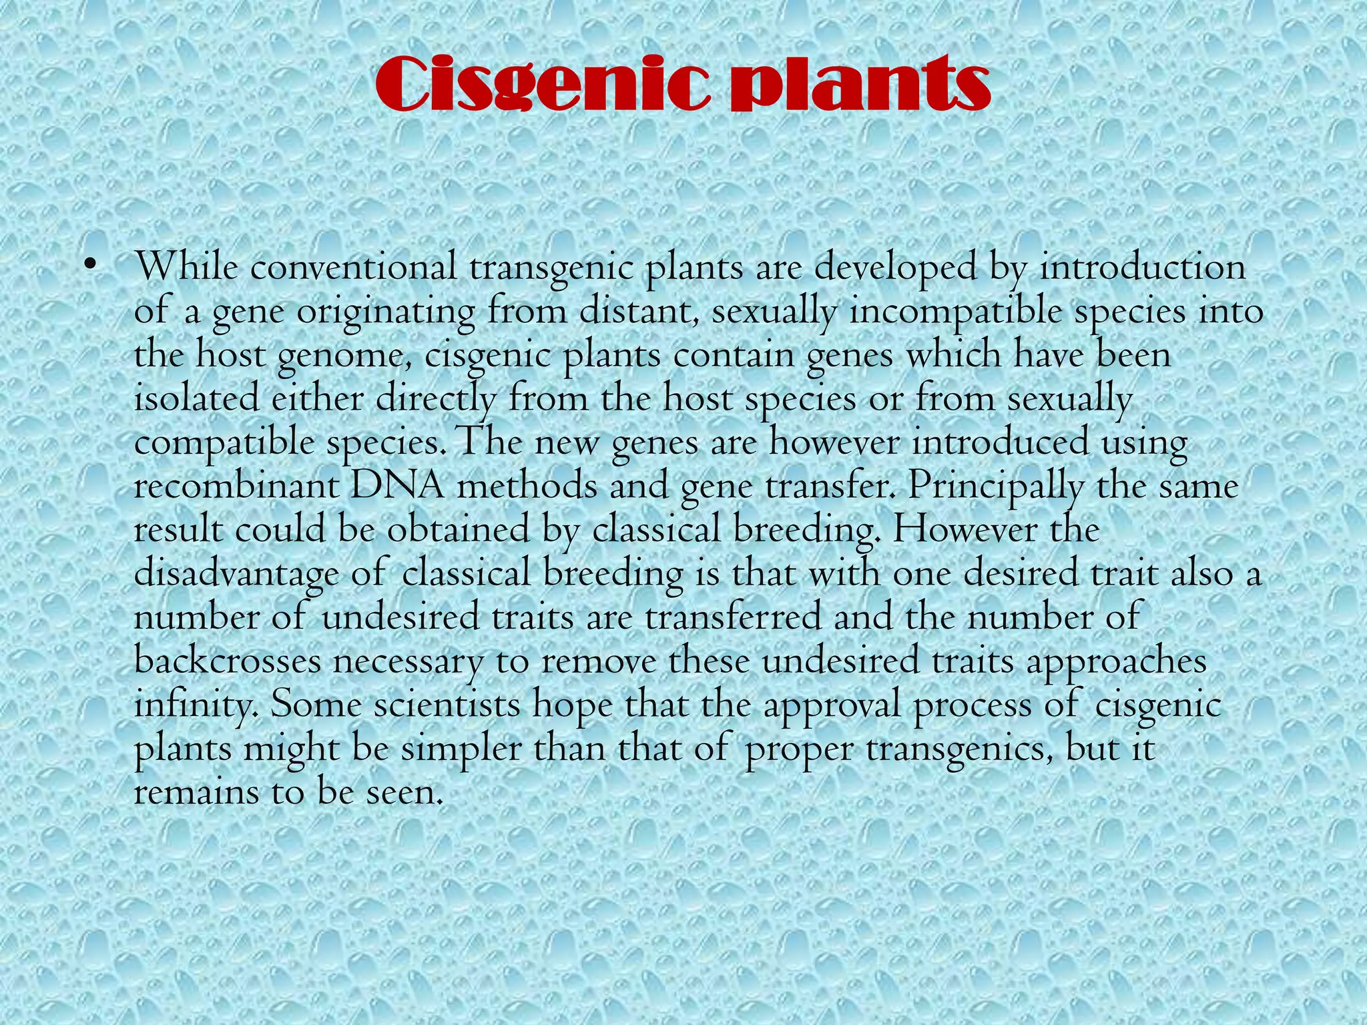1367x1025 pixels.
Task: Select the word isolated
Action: coord(196,399)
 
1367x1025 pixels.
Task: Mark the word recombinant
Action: coord(237,486)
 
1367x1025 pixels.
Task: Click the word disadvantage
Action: coord(236,574)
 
